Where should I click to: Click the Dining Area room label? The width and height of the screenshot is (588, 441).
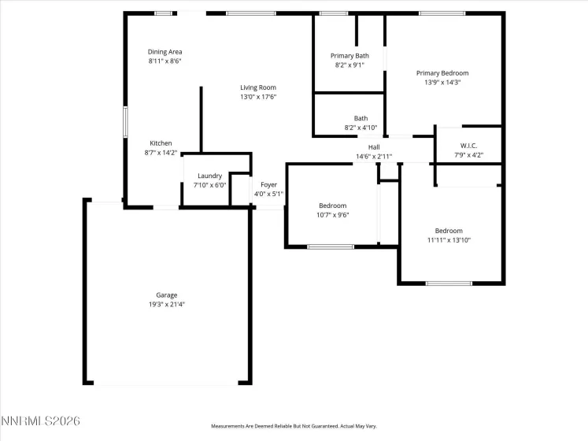[165, 52]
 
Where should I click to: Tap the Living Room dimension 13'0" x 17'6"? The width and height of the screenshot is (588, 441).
[258, 97]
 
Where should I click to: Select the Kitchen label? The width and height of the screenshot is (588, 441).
[161, 143]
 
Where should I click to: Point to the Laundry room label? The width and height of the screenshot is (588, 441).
[209, 176]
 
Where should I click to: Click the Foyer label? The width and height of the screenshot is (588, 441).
[268, 184]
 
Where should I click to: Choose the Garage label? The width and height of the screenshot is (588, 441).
[166, 295]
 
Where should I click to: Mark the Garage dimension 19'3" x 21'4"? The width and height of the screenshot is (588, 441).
[166, 304]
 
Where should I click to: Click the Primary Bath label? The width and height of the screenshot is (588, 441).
[349, 56]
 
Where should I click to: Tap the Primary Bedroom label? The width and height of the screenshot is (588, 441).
[447, 73]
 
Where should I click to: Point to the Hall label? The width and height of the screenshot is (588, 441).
[374, 147]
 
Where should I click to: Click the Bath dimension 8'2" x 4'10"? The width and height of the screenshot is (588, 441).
[361, 128]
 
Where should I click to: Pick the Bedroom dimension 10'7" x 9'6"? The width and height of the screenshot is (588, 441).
[332, 214]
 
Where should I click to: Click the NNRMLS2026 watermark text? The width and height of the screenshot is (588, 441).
[40, 422]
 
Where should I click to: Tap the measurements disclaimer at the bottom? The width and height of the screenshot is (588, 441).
[294, 426]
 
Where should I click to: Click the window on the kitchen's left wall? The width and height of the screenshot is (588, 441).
[124, 123]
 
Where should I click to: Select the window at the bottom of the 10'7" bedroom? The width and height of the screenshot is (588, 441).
[331, 247]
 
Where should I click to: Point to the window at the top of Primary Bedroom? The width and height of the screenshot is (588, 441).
[441, 13]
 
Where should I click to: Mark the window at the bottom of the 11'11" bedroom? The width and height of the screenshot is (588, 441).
[449, 283]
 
